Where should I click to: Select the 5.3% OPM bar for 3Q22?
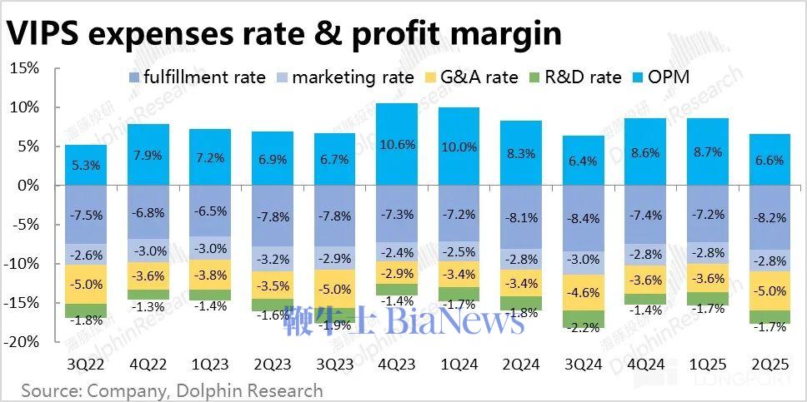click(86, 165)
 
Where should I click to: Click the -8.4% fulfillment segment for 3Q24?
click(584, 219)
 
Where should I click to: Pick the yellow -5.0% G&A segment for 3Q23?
click(334, 290)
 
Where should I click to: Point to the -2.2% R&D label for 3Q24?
click(584, 328)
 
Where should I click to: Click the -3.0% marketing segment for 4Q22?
click(148, 251)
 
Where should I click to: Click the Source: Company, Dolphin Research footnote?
click(172, 390)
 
